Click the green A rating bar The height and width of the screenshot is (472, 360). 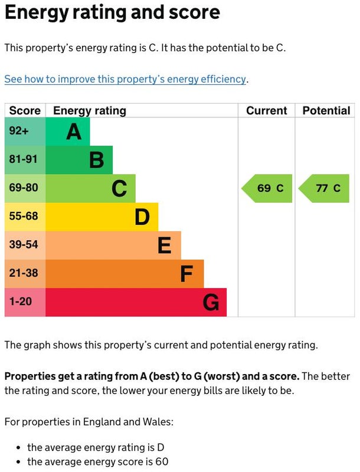coord(68,131)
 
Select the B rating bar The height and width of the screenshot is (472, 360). coord(79,160)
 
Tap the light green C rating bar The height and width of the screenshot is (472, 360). coord(90,188)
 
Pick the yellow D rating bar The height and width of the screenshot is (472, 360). coord(102,217)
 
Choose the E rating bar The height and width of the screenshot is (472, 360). coord(113,245)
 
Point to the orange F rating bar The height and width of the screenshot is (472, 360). coord(125,274)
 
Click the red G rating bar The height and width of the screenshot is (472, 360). coord(136,302)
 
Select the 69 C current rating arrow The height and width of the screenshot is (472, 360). coord(267,189)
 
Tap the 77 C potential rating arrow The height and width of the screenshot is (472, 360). coord(324,189)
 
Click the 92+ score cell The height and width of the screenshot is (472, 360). coord(25,131)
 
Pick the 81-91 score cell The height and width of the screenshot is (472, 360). coord(25,160)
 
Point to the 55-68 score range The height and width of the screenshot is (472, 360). coord(25,217)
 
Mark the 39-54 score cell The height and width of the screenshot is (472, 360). coord(25,245)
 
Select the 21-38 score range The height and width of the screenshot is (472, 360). coord(25,274)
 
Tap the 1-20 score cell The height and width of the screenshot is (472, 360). coord(25,302)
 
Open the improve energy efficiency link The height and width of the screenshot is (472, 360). coord(125,79)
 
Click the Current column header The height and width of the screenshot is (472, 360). coord(266,110)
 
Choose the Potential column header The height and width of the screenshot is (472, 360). coord(326,110)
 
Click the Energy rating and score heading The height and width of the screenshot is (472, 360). coord(112,13)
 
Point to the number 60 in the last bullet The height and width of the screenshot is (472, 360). coord(162,462)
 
